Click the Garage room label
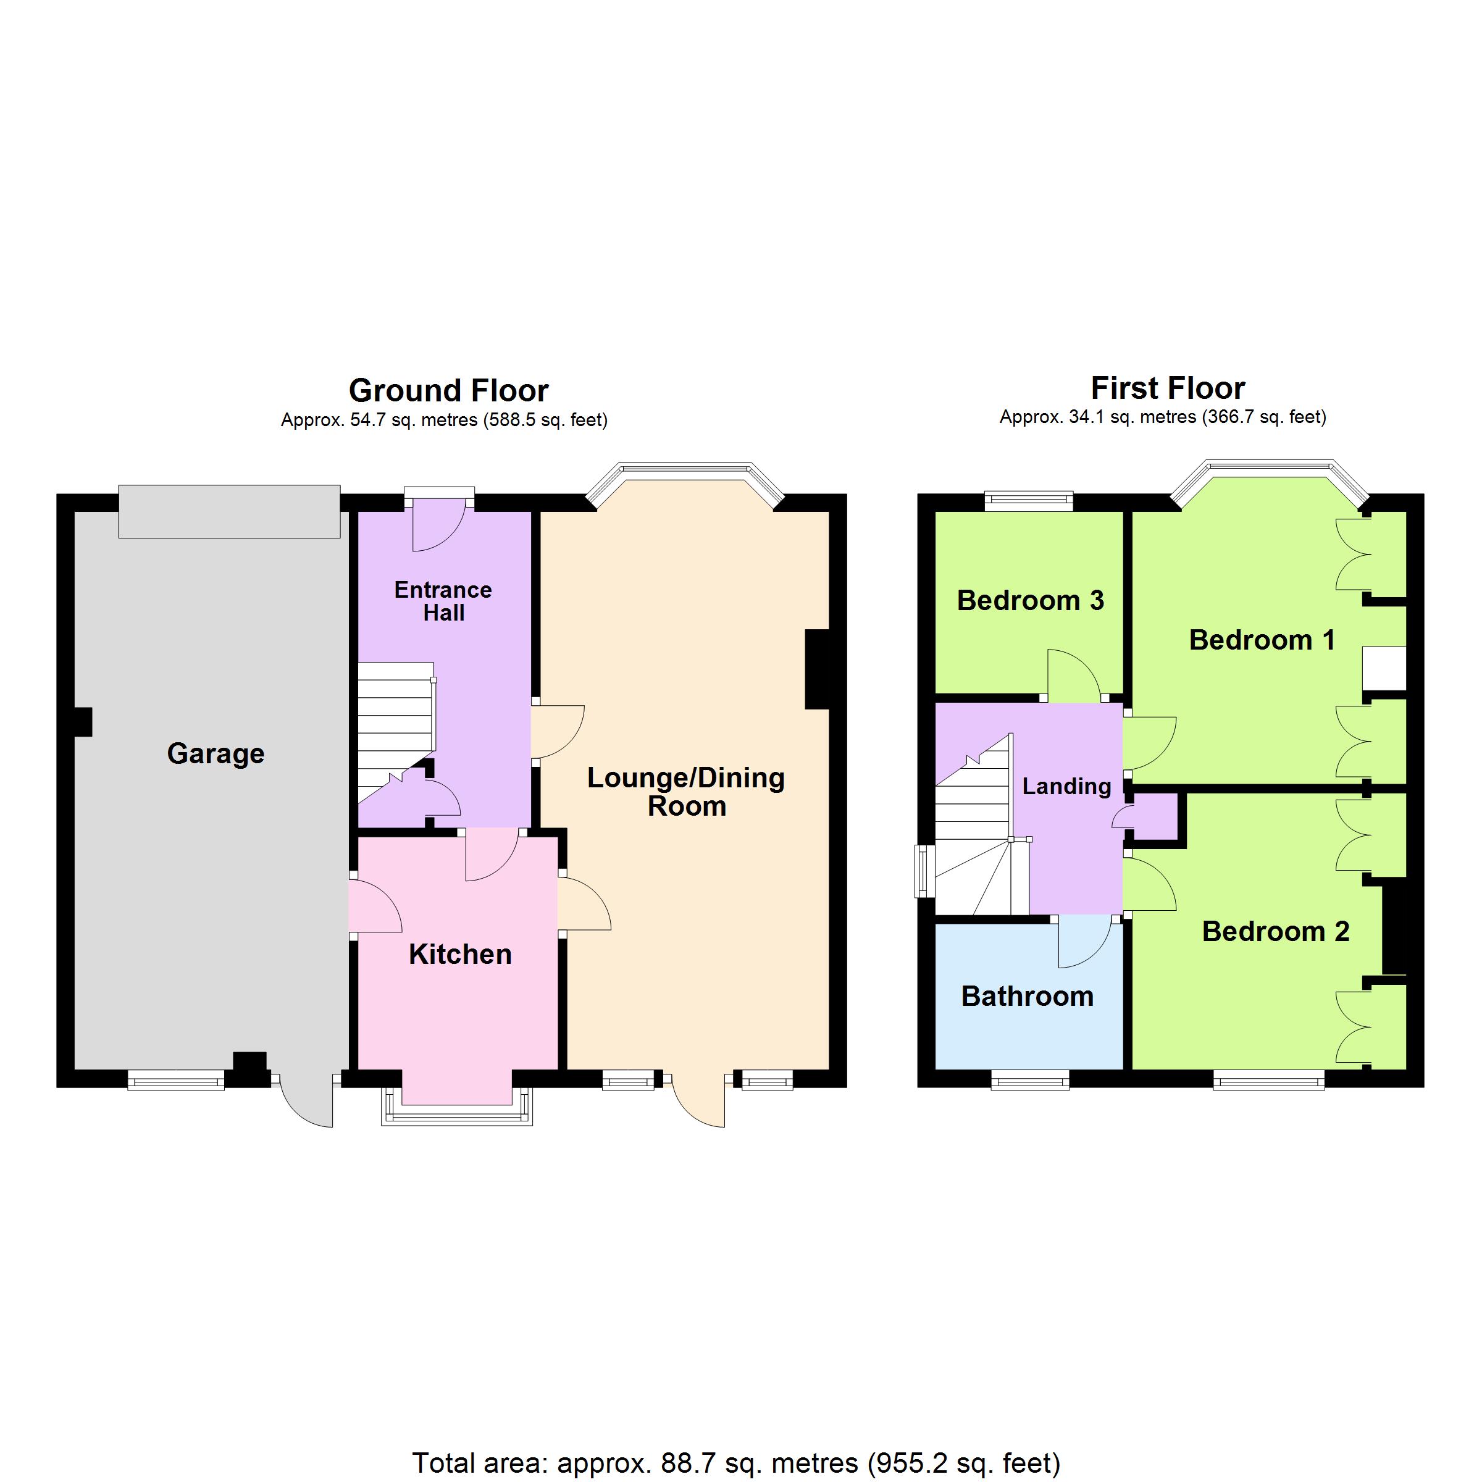click(x=216, y=754)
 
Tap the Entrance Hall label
click(x=443, y=601)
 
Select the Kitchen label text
click(x=460, y=954)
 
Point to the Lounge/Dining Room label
click(x=687, y=792)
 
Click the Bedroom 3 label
click(x=1030, y=600)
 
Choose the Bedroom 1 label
click(x=1262, y=640)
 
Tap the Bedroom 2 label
click(x=1276, y=931)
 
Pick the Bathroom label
click(x=1027, y=997)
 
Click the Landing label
click(x=1066, y=786)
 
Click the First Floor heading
click(x=1168, y=388)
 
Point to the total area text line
click(x=737, y=1463)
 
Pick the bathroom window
click(x=1030, y=1081)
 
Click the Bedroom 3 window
click(x=1029, y=501)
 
